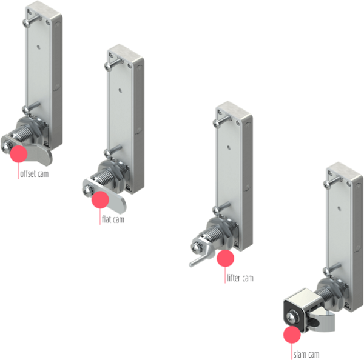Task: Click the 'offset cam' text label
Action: pyautogui.click(x=34, y=175)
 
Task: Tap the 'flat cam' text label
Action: pyautogui.click(x=112, y=219)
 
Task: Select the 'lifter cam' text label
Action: pyautogui.click(x=240, y=278)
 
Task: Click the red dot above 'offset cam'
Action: pyautogui.click(x=19, y=153)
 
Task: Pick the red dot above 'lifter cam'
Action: pyautogui.click(x=225, y=258)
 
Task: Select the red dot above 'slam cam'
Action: pyautogui.click(x=292, y=335)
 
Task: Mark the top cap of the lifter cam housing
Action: pyautogui.click(x=233, y=112)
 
